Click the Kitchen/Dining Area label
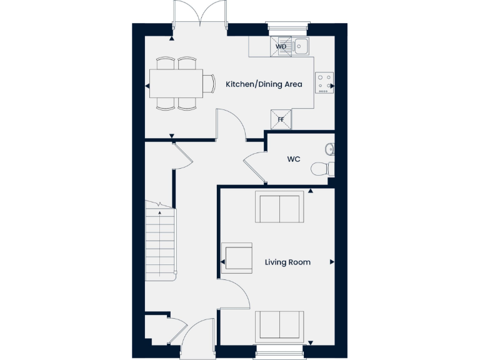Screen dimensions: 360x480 264,84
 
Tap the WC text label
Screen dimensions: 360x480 294,159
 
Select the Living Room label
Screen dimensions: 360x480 287,262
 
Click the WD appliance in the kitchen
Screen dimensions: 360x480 281,46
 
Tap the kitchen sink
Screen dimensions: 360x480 301,46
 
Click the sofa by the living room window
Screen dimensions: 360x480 279,326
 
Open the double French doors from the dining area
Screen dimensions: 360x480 199,14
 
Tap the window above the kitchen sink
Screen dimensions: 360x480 287,26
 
